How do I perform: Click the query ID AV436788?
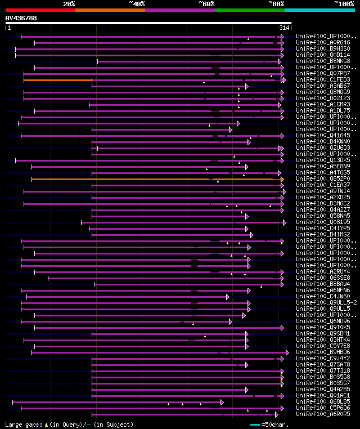(x=21, y=18)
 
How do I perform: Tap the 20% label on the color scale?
(x=69, y=4)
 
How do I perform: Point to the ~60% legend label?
(x=206, y=4)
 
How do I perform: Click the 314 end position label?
(x=284, y=28)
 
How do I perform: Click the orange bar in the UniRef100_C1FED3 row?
(x=58, y=80)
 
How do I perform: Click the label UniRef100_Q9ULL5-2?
(x=326, y=302)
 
